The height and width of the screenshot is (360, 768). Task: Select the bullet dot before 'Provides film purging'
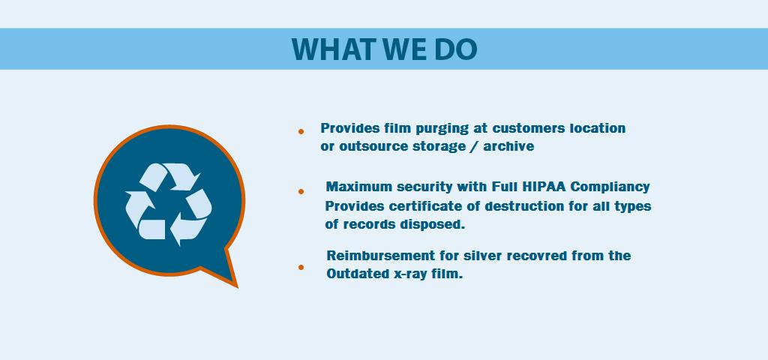pos(301,131)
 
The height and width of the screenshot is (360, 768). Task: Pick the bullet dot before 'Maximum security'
pos(301,191)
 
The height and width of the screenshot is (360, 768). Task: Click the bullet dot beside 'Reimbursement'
pos(301,267)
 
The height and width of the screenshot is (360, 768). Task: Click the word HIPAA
pos(544,187)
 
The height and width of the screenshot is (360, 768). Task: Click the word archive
pos(509,146)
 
